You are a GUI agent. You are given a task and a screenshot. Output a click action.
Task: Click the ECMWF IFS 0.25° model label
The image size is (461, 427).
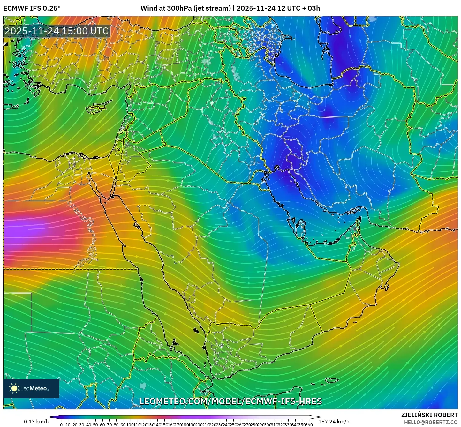click(32, 8)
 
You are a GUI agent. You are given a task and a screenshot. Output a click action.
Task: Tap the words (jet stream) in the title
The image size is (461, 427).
click(212, 8)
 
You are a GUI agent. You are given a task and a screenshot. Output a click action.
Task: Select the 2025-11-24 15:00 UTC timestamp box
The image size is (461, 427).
click(57, 31)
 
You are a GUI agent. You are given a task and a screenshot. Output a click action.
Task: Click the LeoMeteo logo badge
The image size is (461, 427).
click(31, 388)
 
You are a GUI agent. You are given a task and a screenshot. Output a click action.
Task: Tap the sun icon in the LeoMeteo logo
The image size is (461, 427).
click(14, 388)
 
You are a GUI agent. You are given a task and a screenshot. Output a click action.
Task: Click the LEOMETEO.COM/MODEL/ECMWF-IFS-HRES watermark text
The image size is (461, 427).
click(230, 401)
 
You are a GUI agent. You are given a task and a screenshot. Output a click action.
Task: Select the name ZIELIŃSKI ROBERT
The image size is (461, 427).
click(429, 415)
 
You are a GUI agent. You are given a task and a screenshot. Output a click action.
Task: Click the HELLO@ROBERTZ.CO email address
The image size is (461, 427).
click(431, 422)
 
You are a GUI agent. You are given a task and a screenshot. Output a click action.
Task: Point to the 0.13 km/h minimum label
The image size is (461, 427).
click(36, 422)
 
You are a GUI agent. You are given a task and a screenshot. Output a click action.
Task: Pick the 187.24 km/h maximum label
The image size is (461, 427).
click(334, 422)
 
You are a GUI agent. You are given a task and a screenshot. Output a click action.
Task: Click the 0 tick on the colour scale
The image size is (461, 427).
click(61, 425)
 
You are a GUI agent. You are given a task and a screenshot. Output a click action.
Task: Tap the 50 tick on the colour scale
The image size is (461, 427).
click(95, 425)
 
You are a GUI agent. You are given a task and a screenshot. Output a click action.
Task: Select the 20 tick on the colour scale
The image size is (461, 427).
click(75, 425)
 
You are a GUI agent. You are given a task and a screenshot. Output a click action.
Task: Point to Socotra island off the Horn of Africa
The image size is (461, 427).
click(332, 380)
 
